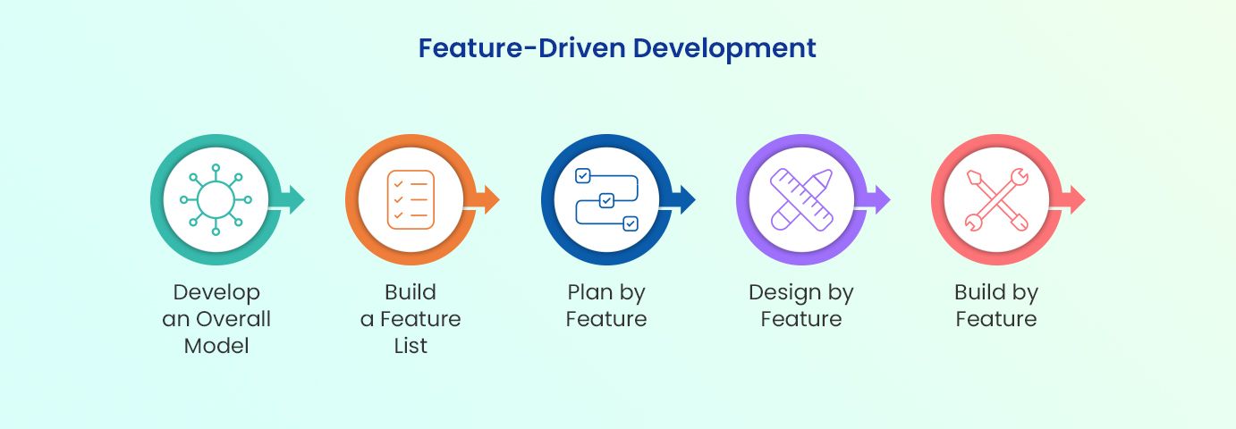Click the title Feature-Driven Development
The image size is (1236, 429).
pyautogui.click(x=617, y=48)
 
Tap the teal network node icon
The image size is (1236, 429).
pyautogui.click(x=216, y=199)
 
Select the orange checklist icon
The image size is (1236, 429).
pyautogui.click(x=411, y=199)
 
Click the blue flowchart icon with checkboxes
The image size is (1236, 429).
pyautogui.click(x=605, y=199)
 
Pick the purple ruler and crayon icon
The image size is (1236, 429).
pyautogui.click(x=801, y=199)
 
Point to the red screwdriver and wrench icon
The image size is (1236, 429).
pyautogui.click(x=996, y=199)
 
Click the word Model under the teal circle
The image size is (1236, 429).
pyautogui.click(x=216, y=346)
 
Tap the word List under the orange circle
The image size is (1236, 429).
pyautogui.click(x=411, y=346)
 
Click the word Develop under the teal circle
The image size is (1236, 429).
pyautogui.click(x=216, y=292)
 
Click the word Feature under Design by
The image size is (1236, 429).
pyautogui.click(x=801, y=319)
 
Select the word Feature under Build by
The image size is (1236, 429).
pyautogui.click(x=996, y=319)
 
